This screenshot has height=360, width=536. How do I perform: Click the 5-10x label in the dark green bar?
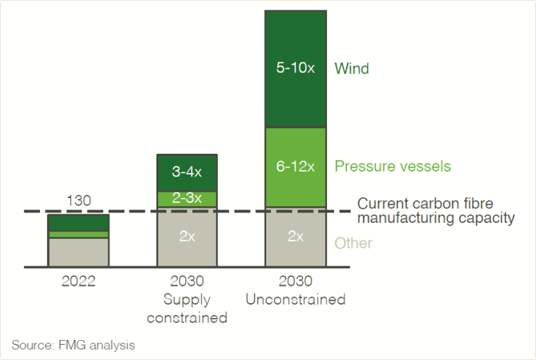click(x=295, y=69)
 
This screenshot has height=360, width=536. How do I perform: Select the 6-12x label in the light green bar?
click(x=295, y=167)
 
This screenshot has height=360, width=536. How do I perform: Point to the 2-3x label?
click(x=187, y=199)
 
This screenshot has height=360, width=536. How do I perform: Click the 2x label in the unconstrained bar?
click(x=295, y=237)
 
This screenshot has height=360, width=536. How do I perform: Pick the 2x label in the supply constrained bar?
click(x=187, y=237)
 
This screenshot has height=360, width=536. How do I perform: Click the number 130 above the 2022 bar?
click(x=79, y=201)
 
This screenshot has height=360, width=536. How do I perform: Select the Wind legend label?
click(x=352, y=69)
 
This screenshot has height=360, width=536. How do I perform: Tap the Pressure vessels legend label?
click(x=393, y=167)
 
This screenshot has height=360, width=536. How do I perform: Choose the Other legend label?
click(x=353, y=243)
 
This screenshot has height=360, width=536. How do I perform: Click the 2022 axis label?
click(x=79, y=281)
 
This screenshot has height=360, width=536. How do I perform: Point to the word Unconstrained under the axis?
click(x=295, y=300)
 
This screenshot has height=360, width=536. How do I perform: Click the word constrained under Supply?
click(x=187, y=318)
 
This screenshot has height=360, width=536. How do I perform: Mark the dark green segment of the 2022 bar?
click(x=79, y=222)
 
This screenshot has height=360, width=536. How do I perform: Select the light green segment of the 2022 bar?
click(x=79, y=234)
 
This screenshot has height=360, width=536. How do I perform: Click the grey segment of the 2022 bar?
click(x=79, y=252)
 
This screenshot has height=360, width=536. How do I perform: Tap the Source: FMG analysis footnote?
click(x=73, y=345)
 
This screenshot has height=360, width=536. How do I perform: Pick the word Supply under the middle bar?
click(x=187, y=300)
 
